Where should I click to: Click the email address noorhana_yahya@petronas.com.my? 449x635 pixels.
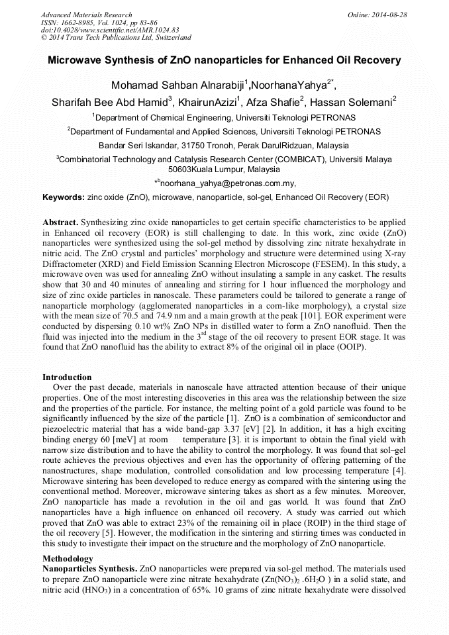[x=226, y=183]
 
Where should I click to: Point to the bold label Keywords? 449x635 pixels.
[x=64, y=197]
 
